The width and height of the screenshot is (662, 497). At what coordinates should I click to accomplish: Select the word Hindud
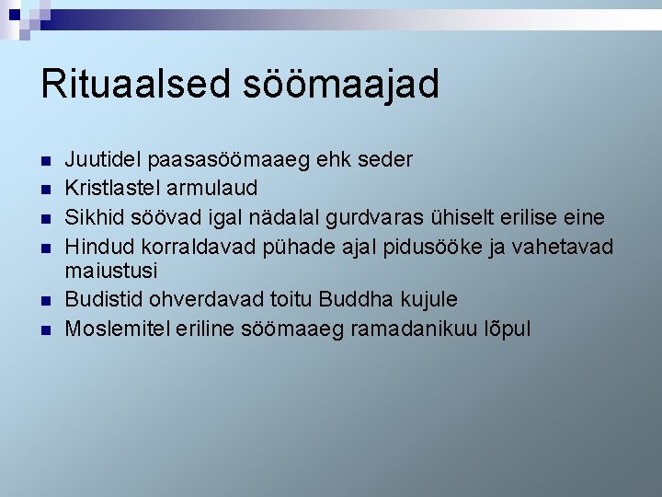[97, 244]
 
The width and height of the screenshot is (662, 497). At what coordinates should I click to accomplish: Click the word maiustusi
[111, 272]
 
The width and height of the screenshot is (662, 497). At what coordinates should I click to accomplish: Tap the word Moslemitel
[114, 329]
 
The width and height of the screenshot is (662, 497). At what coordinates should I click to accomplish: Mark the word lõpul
[508, 329]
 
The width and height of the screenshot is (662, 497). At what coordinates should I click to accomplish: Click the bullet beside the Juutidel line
[45, 161]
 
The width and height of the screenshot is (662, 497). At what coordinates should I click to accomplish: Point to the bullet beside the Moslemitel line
[45, 329]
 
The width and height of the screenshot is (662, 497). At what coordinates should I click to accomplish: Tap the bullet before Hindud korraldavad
[45, 246]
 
